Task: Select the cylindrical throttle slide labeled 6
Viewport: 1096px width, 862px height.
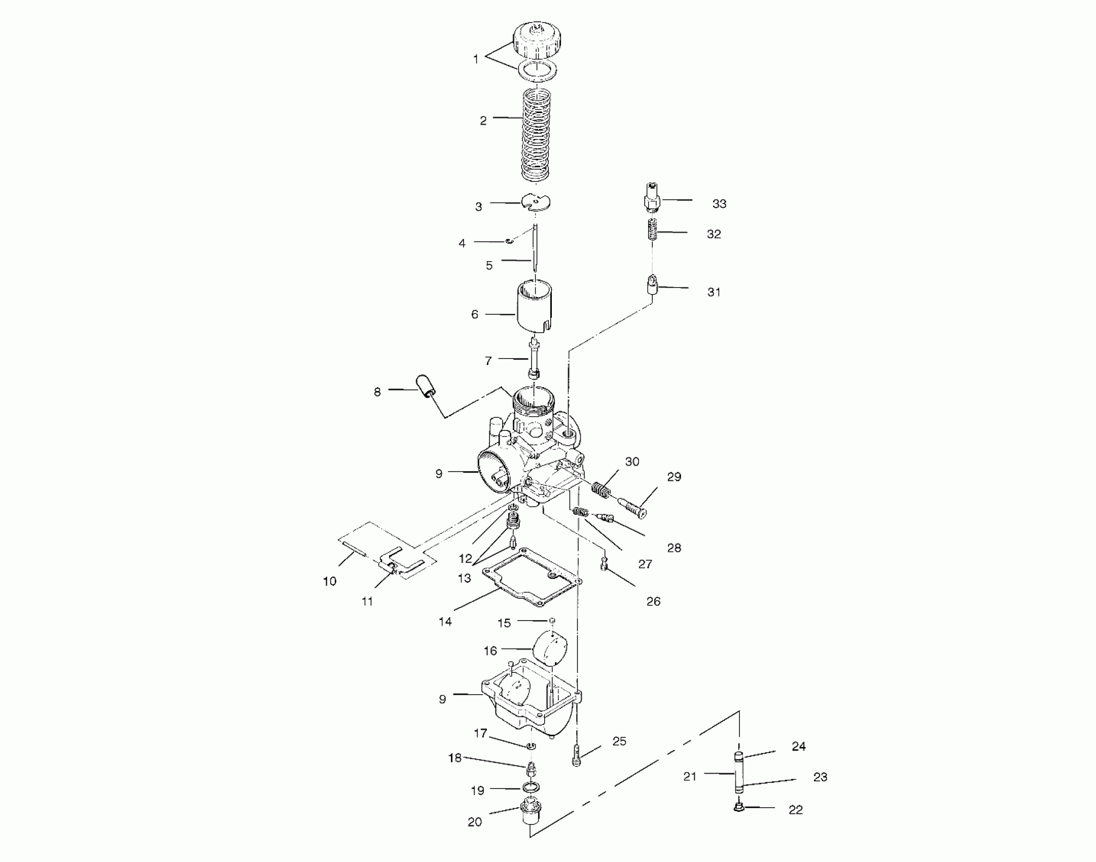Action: (x=535, y=307)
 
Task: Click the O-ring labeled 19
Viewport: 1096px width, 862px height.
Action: (x=530, y=788)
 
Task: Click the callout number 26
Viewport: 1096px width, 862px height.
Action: (x=653, y=601)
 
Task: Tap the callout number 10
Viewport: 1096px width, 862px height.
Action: (x=330, y=582)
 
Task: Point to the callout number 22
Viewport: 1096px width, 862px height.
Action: (x=795, y=810)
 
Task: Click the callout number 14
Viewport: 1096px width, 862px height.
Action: (x=445, y=622)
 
